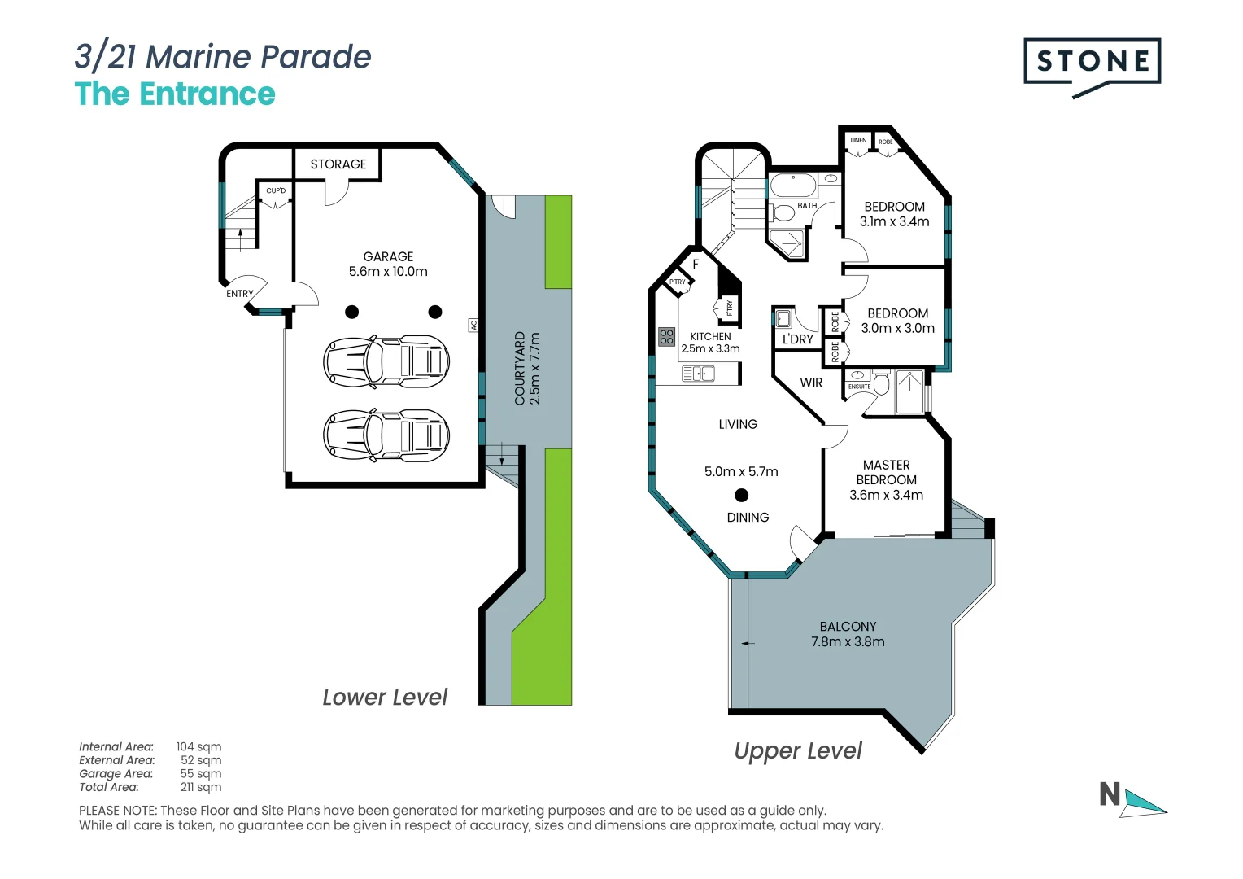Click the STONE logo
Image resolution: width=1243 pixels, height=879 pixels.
pos(1092,63)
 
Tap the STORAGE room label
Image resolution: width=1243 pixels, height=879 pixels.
pos(338,164)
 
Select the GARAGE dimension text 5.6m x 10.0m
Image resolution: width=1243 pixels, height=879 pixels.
pos(388,272)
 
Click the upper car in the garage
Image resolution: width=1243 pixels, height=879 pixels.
pos(386,360)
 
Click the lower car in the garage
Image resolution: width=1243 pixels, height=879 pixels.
pos(386,435)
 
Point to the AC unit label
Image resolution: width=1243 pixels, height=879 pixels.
pos(473,325)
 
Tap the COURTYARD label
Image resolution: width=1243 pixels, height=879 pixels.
pos(520,368)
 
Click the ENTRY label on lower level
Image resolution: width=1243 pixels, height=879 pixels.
pos(240,294)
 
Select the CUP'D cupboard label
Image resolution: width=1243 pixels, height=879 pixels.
pos(276,191)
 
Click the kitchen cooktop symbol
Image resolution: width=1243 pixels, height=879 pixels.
pos(667,336)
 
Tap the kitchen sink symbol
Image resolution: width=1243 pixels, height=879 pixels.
pos(698,374)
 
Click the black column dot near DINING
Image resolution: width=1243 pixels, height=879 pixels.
pos(741,495)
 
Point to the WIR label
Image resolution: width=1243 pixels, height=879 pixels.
pos(811,383)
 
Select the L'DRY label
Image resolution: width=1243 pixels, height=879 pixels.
pos(797,339)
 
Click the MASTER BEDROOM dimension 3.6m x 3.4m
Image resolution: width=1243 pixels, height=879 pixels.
pos(886,495)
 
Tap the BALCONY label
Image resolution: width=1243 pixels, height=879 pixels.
pos(848,627)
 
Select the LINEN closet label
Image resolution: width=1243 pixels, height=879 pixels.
pos(858,141)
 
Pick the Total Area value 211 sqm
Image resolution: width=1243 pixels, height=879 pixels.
pos(200,787)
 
